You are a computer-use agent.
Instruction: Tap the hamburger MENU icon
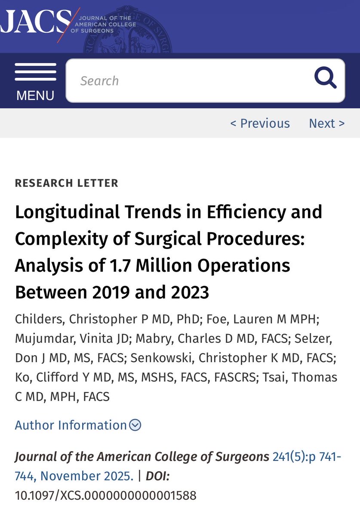pyautogui.click(x=35, y=72)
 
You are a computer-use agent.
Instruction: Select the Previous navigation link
pyautogui.click(x=260, y=123)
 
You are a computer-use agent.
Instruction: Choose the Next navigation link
pyautogui.click(x=326, y=123)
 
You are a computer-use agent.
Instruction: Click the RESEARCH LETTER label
pyautogui.click(x=66, y=183)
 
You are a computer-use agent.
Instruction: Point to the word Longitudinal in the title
pyautogui.click(x=60, y=212)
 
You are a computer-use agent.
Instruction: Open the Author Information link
pyautogui.click(x=71, y=425)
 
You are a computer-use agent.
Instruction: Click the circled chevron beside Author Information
pyautogui.click(x=135, y=425)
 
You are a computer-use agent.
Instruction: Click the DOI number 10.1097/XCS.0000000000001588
pyautogui.click(x=105, y=495)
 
